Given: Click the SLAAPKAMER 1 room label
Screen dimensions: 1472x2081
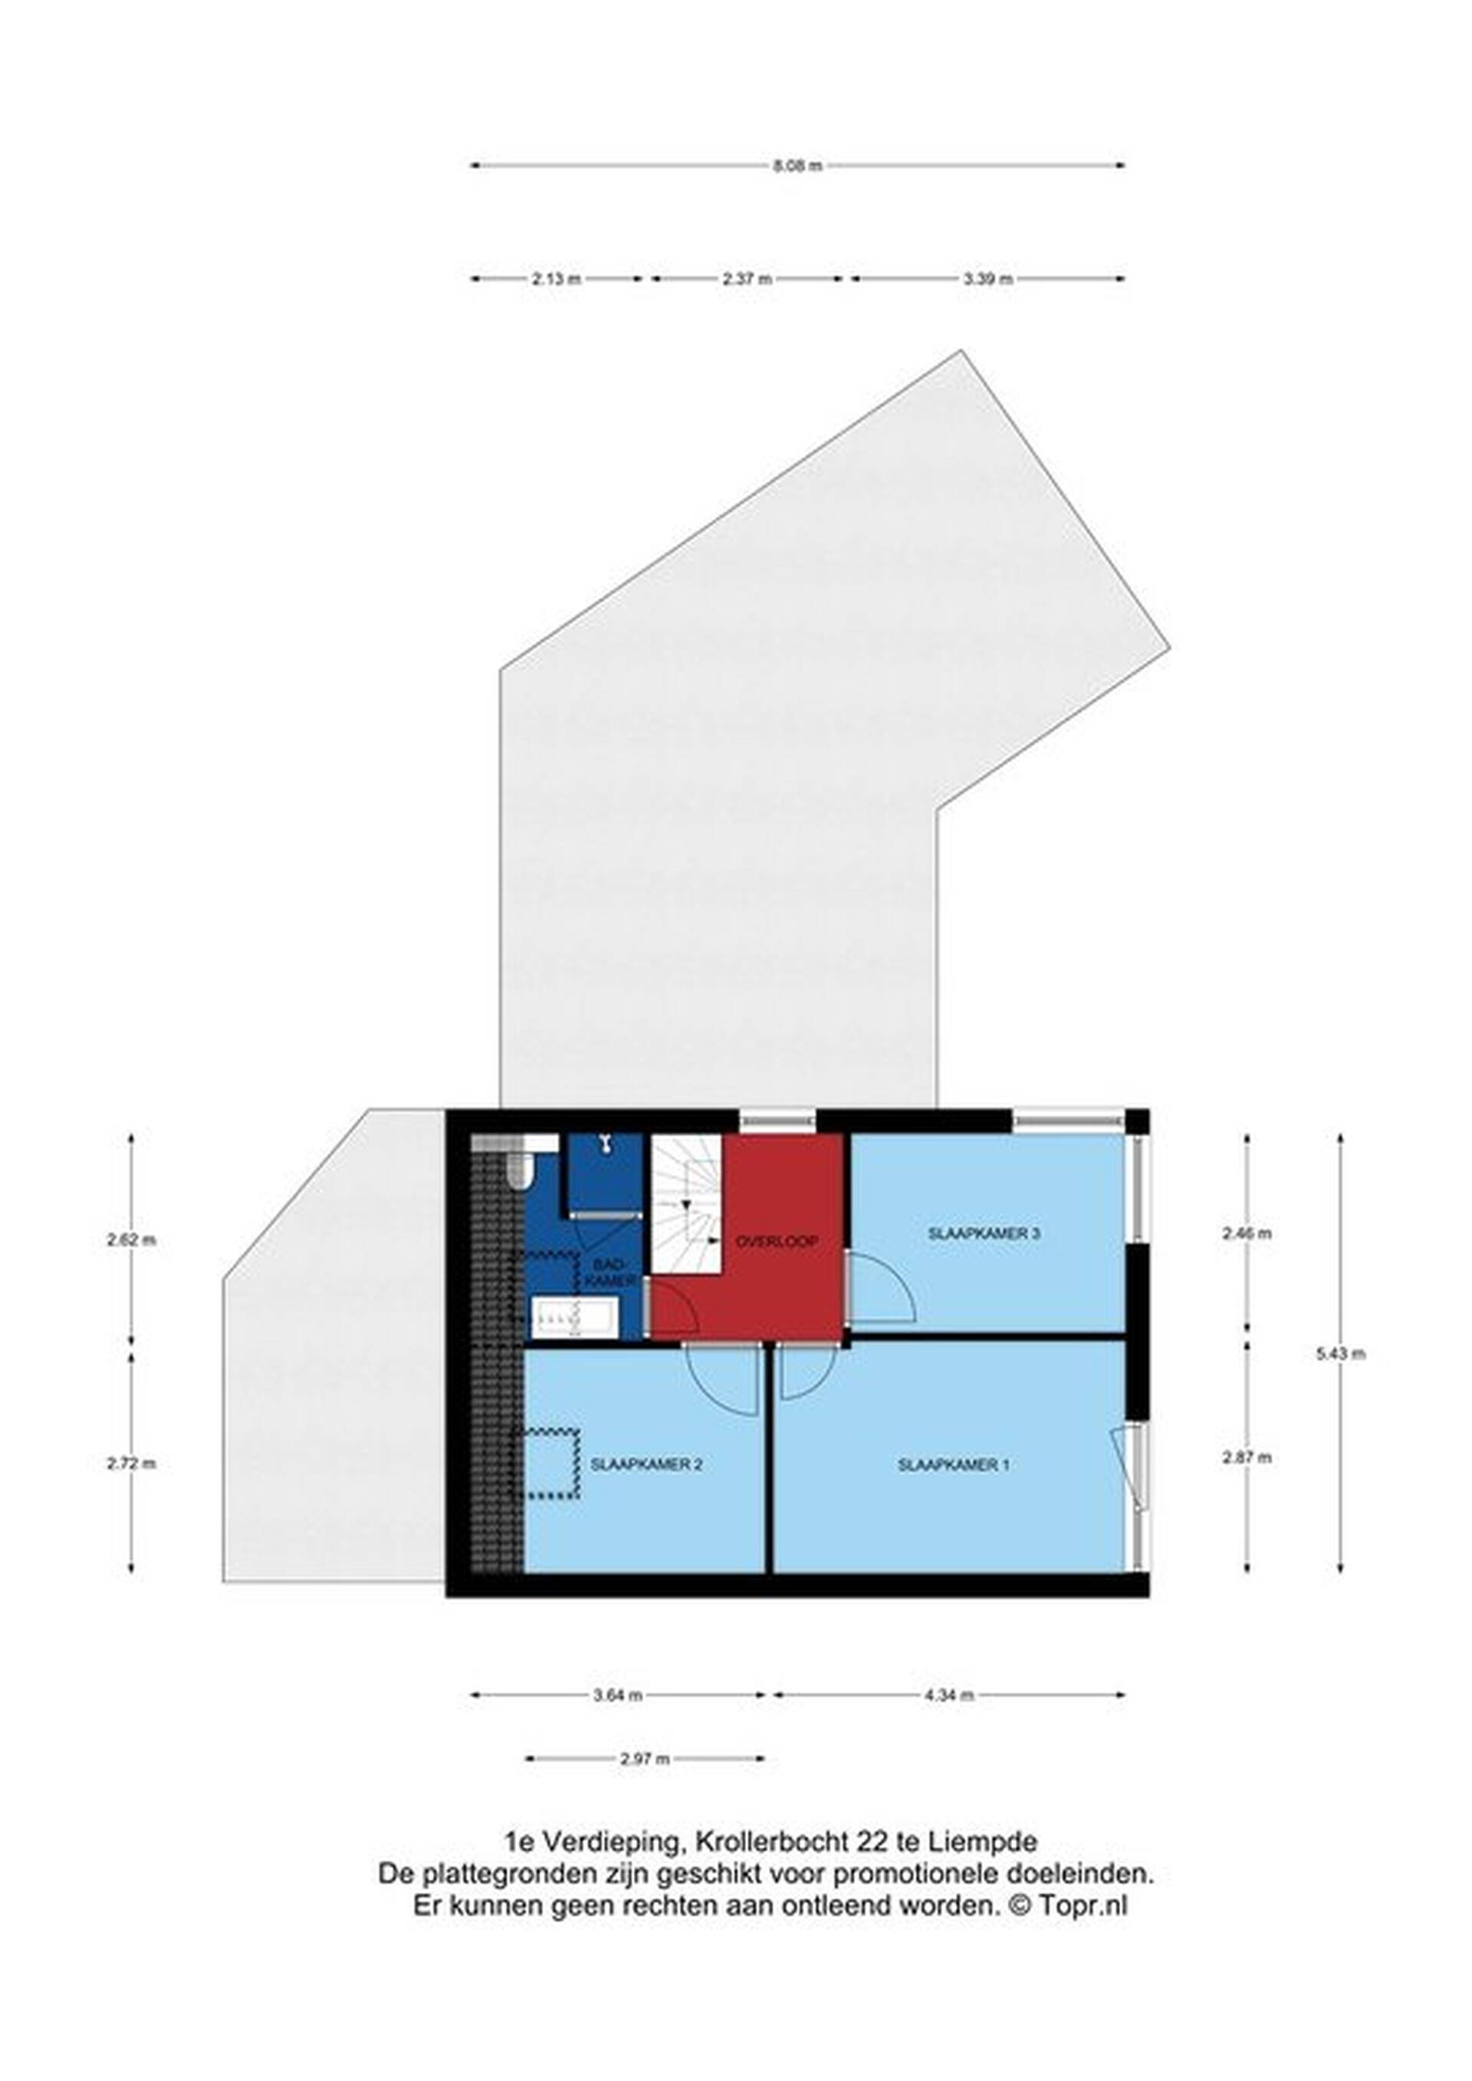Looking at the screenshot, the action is tap(953, 1465).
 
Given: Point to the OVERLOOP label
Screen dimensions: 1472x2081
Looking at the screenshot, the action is tap(777, 1242).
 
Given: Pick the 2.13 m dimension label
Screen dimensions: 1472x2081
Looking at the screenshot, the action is tap(556, 279).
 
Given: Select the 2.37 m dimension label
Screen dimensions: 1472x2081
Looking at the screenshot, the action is tap(747, 279).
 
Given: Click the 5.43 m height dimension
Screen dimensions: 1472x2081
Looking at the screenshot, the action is tap(1339, 1355).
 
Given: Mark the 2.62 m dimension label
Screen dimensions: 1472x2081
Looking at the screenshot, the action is tap(131, 1241).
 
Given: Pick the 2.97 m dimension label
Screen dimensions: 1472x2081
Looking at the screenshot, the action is tap(645, 1784).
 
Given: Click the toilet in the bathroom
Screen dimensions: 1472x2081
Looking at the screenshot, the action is tap(519, 1172).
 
